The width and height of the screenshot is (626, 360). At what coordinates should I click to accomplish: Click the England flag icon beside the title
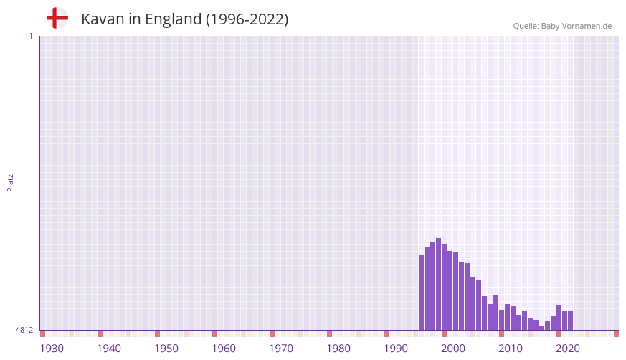pos(57,19)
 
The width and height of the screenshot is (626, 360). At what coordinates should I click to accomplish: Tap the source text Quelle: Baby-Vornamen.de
pos(562,26)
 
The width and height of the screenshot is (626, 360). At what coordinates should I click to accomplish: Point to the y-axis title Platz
pos(10,182)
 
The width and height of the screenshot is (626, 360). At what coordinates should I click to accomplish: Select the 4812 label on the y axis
pos(24,330)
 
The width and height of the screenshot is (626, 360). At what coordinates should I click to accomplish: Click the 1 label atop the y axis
pos(30,36)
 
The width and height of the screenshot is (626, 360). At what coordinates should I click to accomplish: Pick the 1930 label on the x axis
pos(52,349)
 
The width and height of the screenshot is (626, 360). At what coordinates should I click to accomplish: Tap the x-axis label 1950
pos(166,349)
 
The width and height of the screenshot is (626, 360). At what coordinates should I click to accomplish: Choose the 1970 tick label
pos(281,349)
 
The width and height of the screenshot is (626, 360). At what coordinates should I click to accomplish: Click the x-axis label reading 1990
pos(396,349)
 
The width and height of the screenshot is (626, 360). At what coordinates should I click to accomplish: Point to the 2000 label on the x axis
pos(453,349)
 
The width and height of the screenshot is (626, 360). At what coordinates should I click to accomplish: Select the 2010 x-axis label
pos(511,349)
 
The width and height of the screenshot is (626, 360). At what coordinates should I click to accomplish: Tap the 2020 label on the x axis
pos(568,349)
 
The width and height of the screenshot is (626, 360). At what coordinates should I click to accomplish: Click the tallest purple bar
pos(438,284)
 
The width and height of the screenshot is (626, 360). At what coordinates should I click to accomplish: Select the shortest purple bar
pos(541,328)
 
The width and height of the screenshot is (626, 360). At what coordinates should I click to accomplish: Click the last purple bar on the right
pos(570,320)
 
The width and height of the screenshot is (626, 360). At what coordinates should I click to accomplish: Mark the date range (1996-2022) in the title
pos(247,19)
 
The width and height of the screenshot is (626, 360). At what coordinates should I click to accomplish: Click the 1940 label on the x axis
pos(109,349)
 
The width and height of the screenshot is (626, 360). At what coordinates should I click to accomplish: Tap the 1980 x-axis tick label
pos(338,349)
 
